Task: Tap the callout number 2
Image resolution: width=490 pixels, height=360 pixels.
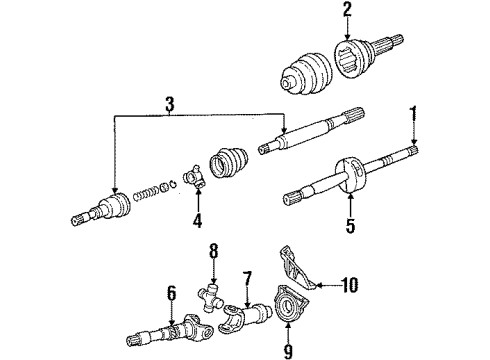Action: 347,11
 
